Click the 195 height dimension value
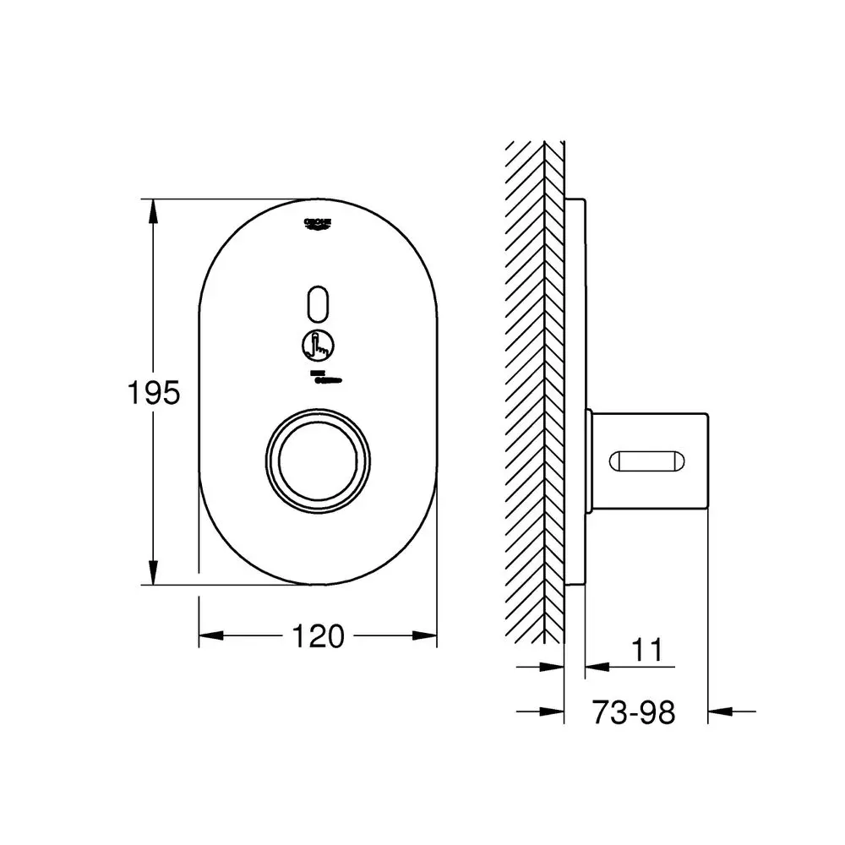pyautogui.click(x=154, y=392)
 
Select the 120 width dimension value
pyautogui.click(x=319, y=635)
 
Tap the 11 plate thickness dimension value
pyautogui.click(x=647, y=651)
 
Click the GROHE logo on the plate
pyautogui.click(x=319, y=222)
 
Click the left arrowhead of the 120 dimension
pyautogui.click(x=210, y=635)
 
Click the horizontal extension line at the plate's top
pyautogui.click(x=228, y=199)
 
